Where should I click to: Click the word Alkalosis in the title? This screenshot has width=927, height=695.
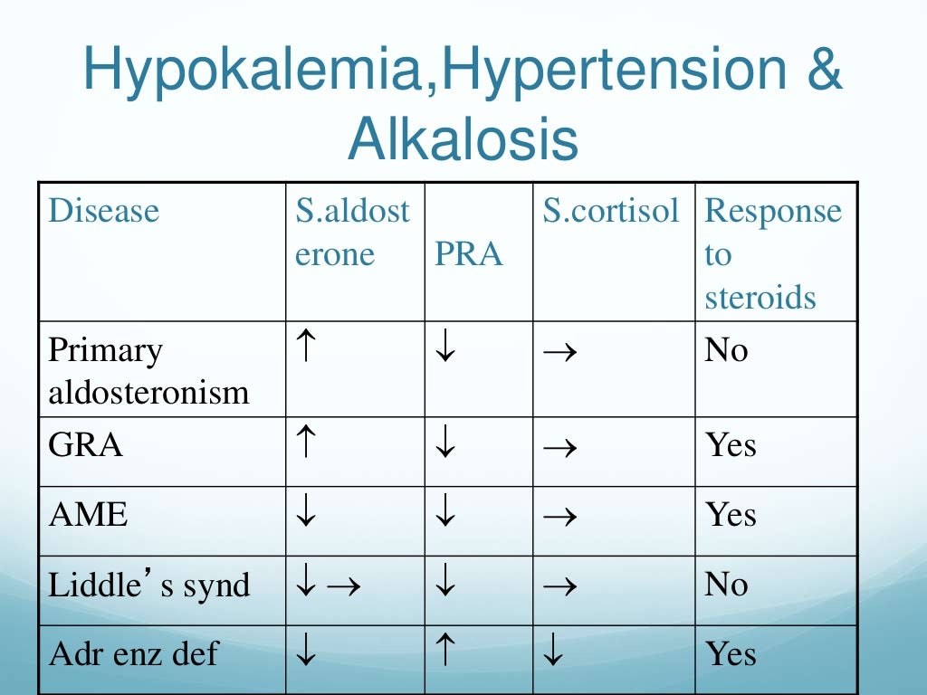463,139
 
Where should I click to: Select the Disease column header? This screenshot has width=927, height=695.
103,211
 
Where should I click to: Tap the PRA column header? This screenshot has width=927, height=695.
468,254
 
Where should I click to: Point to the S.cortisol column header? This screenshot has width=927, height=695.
610,211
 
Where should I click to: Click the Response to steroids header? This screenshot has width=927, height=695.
772,254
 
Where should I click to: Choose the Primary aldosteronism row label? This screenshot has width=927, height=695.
148,370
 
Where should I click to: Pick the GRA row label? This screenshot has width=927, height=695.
86,445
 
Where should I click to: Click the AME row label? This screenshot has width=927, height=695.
89,515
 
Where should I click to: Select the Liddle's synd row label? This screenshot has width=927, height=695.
148,585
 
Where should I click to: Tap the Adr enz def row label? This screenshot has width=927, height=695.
133,654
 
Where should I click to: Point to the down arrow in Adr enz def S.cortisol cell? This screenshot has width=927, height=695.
553,653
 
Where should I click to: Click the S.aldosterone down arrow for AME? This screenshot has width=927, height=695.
305,515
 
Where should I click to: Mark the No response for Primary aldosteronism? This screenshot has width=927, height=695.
726,350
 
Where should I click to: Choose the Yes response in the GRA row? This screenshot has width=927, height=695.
731,445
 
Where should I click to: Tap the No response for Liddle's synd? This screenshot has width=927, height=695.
726,585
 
